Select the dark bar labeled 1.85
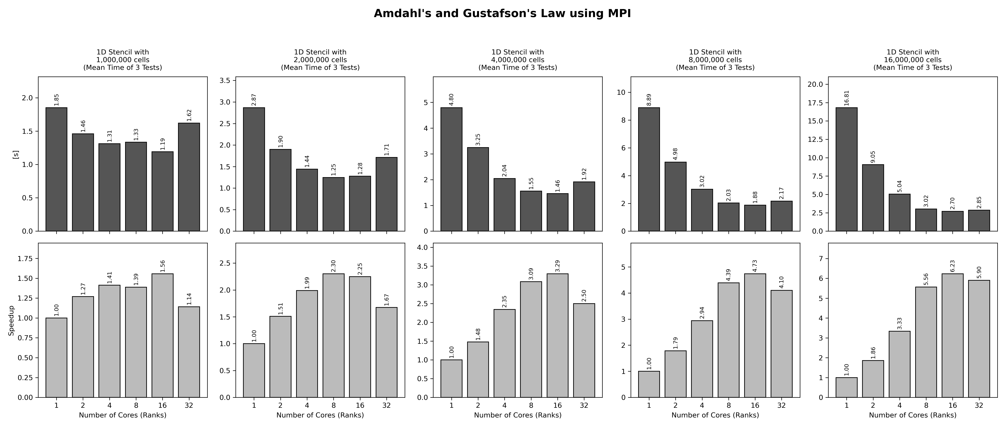pos(56,169)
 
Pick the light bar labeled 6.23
pos(952,335)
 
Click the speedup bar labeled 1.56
pos(162,335)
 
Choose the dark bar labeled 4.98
pos(675,197)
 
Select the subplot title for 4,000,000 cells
pos(518,60)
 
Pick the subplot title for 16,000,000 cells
pos(913,60)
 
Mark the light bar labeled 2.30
pos(333,335)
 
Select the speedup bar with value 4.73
pos(755,335)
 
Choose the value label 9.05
pos(873,157)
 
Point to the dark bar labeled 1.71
pos(386,194)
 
